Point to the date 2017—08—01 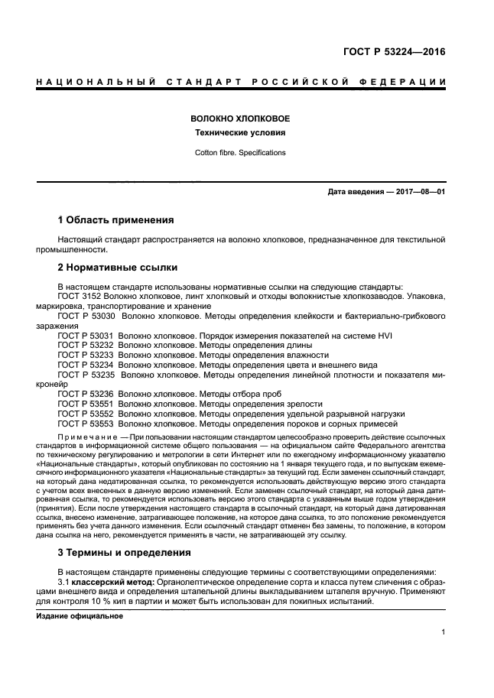416,192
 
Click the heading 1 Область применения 116,219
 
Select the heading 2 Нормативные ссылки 118,268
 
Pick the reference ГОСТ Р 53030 86,314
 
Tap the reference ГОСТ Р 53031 86,334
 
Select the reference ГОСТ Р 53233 86,354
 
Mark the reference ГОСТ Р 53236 86,393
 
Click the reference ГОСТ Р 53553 86,423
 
